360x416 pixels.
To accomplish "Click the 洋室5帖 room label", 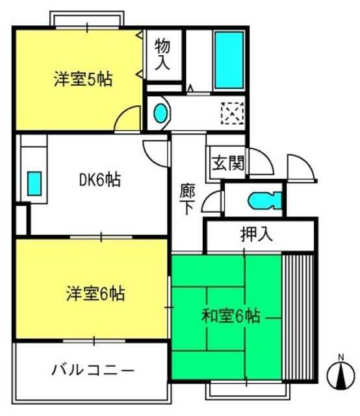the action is tap(83, 79).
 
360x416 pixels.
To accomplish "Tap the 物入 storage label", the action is tap(162, 54).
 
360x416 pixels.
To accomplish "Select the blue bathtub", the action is tap(229, 60).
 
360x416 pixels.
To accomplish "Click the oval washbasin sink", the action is tap(161, 112).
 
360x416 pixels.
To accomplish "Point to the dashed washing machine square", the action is tap(233, 114).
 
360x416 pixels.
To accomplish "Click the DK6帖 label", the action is tap(100, 179).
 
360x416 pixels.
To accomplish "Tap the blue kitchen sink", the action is tap(34, 183).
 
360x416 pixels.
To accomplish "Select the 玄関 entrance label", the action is tap(228, 162).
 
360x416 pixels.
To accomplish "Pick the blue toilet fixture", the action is tap(264, 201).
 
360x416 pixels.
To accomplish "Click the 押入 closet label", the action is tap(256, 234).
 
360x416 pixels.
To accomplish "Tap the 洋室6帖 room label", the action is tap(96, 293).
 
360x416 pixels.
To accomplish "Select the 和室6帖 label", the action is tap(231, 316).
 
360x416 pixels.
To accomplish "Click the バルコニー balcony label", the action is tap(92, 370).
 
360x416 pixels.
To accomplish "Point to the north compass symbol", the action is tap(341, 374).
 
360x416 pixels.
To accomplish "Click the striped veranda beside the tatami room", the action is tap(298, 317).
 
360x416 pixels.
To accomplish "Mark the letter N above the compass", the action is tap(341, 357).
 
